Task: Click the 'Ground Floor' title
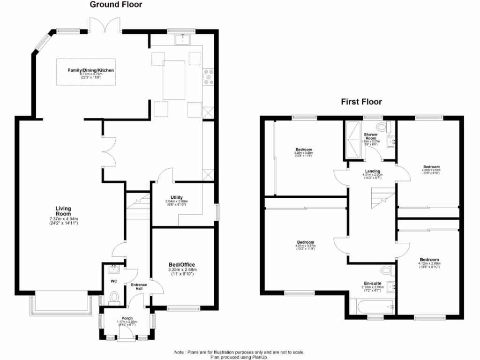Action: (x=116, y=5)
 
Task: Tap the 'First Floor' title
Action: (x=361, y=101)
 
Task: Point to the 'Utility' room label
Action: (x=177, y=197)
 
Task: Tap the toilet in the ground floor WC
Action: (x=114, y=297)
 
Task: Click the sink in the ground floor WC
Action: (x=112, y=269)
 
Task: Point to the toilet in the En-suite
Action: (x=385, y=270)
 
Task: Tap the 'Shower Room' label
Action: (x=371, y=136)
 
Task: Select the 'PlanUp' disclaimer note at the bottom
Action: (x=240, y=354)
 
